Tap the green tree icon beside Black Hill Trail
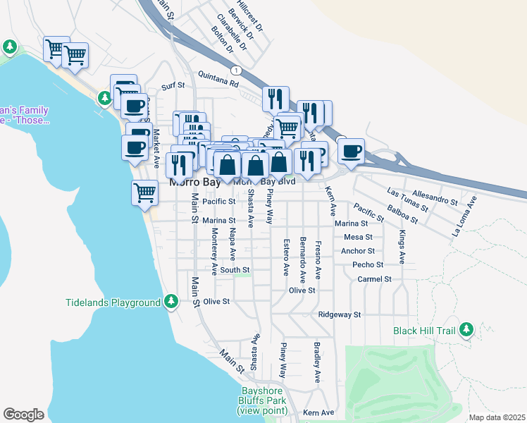(466, 329)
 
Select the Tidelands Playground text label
(113, 302)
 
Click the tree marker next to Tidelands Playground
(170, 302)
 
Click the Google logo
(23, 415)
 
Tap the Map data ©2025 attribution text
(496, 417)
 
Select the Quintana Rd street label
(218, 82)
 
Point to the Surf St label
(173, 85)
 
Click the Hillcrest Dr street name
(249, 16)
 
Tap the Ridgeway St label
(339, 314)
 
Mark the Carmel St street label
(374, 279)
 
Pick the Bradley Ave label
(317, 363)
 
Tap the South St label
(235, 269)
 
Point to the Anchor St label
(357, 250)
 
